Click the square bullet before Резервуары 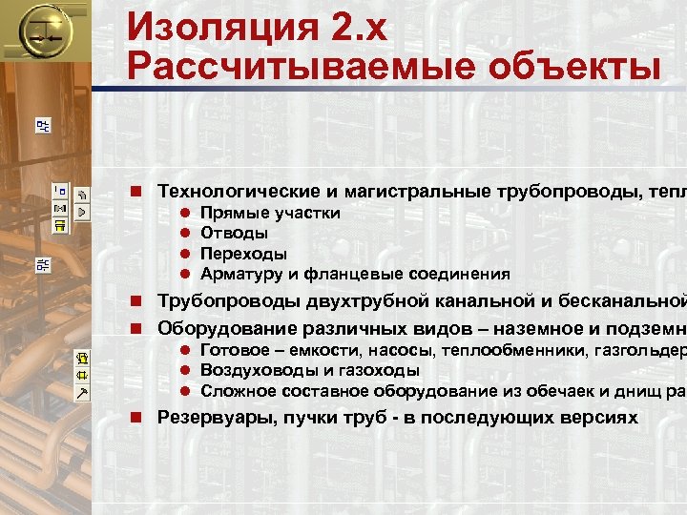coord(137,417)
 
